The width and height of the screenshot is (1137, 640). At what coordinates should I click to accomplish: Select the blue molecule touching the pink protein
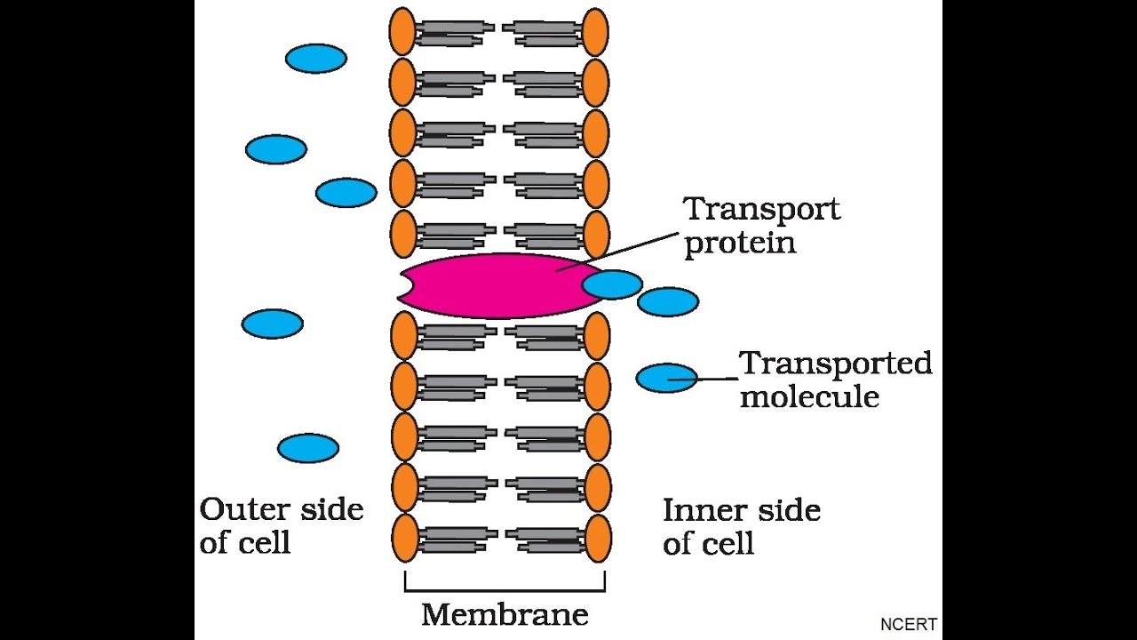(x=613, y=284)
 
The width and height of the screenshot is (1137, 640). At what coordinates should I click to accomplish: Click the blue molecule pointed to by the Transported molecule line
(x=666, y=378)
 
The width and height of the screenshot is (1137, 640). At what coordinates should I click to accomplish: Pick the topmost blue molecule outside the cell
(x=316, y=59)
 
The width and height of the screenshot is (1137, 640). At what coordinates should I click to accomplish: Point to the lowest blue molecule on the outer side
(x=308, y=448)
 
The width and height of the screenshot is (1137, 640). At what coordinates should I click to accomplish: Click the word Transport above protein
(x=761, y=210)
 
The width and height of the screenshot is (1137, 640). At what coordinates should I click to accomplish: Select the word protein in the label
(x=739, y=244)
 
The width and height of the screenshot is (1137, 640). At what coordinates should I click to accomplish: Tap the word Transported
(x=835, y=364)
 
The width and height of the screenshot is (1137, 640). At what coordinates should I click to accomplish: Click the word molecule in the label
(x=809, y=396)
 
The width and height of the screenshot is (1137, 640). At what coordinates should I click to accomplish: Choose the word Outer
(x=243, y=510)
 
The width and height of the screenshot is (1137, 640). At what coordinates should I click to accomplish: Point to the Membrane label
(x=505, y=614)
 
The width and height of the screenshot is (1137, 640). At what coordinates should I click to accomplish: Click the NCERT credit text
(x=908, y=625)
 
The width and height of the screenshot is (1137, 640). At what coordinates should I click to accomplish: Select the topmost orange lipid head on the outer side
(x=402, y=31)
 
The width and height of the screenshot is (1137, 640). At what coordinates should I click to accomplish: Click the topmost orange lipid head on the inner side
(x=595, y=31)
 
